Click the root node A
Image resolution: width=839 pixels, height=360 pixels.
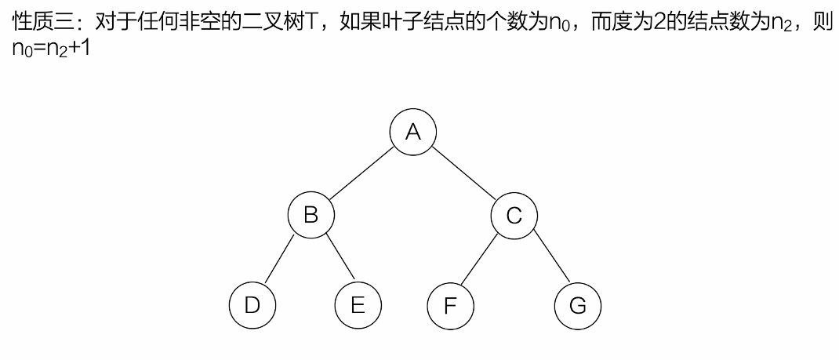click(x=413, y=131)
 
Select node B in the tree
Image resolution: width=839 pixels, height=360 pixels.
click(x=311, y=214)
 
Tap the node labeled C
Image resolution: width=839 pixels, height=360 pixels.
click(x=514, y=214)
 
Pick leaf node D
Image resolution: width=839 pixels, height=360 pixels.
click(x=252, y=304)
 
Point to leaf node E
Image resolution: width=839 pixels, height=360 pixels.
click(x=358, y=304)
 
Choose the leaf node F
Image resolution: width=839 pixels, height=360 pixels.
click(x=450, y=304)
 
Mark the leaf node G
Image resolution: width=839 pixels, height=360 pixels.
click(x=577, y=304)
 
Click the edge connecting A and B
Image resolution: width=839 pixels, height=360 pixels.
click(x=361, y=173)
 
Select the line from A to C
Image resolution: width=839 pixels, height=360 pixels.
click(x=464, y=173)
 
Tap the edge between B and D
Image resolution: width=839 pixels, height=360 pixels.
click(x=281, y=259)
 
